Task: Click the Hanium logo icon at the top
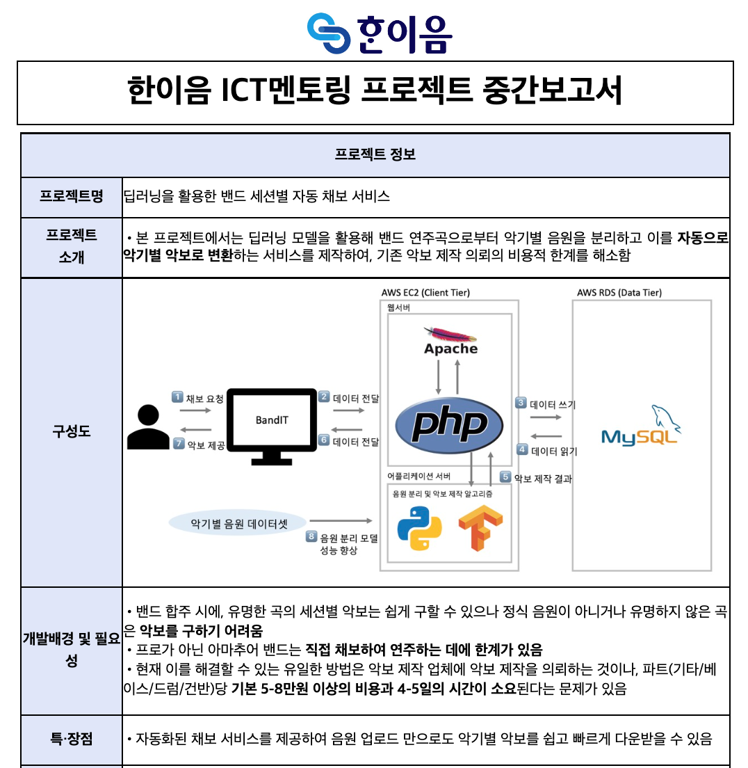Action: (x=329, y=33)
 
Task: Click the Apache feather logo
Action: (x=450, y=334)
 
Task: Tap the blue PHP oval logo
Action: (x=449, y=425)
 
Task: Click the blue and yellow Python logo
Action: (x=419, y=529)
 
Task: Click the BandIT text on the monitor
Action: (x=272, y=420)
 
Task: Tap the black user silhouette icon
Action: (x=148, y=427)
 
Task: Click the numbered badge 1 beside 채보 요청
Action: (x=177, y=397)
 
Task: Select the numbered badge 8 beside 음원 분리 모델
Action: (x=311, y=536)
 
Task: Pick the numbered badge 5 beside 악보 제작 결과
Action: (x=505, y=477)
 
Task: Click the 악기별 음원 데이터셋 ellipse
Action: (x=238, y=524)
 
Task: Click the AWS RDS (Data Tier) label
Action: (x=619, y=292)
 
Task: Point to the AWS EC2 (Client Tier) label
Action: (x=425, y=292)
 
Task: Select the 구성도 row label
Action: (x=72, y=431)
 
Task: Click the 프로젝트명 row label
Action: (x=72, y=196)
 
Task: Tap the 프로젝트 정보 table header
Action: (x=375, y=154)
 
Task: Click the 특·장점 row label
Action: (x=72, y=739)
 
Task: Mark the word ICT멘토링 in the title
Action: (x=286, y=90)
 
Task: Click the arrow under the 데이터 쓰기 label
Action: (x=546, y=417)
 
